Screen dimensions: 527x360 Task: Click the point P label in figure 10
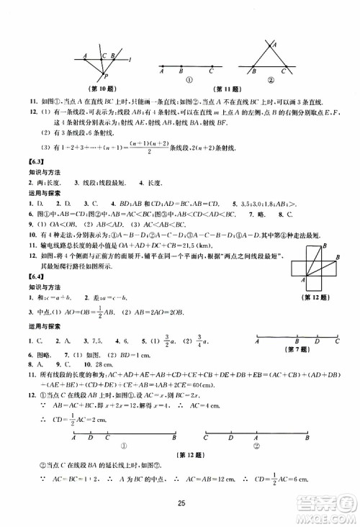[107, 76]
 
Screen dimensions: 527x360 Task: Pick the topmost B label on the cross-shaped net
[324, 247]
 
